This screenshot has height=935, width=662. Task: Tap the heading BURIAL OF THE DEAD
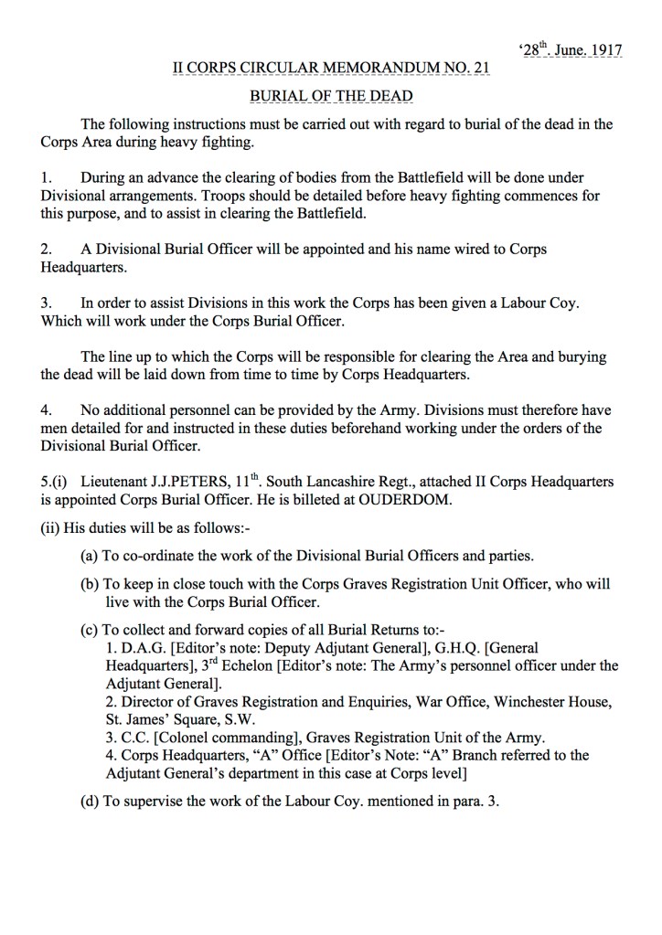pos(331,96)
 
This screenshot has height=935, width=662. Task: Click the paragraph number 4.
pos(47,410)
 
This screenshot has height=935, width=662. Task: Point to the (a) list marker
pos(91,555)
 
